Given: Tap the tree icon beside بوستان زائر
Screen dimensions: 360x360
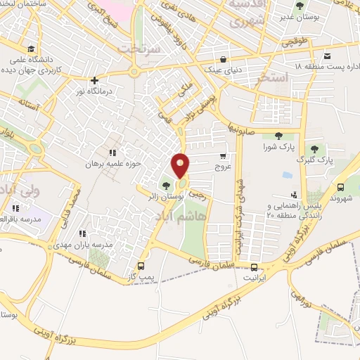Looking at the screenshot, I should tap(165, 186).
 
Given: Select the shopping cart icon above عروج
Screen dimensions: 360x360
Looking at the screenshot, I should tap(224, 155).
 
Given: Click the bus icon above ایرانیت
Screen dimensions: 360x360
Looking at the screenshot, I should tap(255, 267).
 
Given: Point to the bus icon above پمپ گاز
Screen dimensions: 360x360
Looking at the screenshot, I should tap(141, 266).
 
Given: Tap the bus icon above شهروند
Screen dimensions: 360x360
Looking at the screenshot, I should tap(341, 187).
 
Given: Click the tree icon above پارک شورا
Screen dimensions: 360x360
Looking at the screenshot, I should tap(278, 136).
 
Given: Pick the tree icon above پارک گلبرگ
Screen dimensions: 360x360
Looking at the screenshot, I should tap(314, 148).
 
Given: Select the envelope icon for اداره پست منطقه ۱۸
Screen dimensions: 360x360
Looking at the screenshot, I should tap(327, 56).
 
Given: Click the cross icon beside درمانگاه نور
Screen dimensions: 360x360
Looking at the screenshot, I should tap(94, 79).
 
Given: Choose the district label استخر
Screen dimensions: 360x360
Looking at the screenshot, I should tap(273, 77).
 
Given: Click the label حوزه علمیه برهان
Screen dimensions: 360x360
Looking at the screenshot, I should tap(84, 163).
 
